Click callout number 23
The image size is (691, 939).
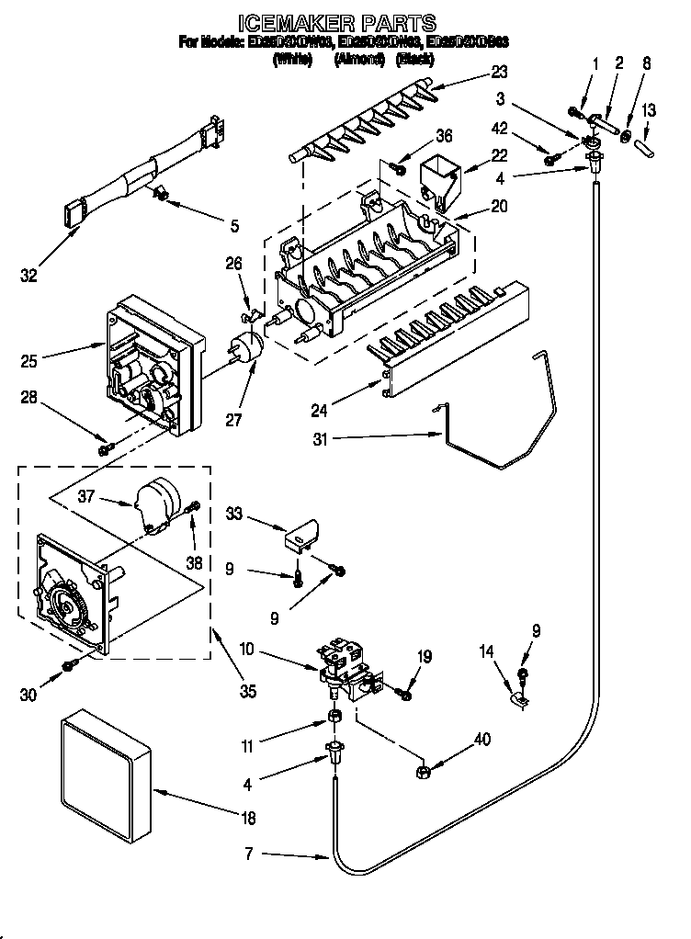pos(499,72)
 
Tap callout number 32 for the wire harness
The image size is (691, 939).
pos(29,275)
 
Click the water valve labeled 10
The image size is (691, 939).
pos(349,672)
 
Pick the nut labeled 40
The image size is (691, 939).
pos(425,769)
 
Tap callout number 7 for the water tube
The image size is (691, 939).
pos(253,854)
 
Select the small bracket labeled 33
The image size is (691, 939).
pos(304,533)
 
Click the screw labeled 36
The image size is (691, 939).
pos(399,168)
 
